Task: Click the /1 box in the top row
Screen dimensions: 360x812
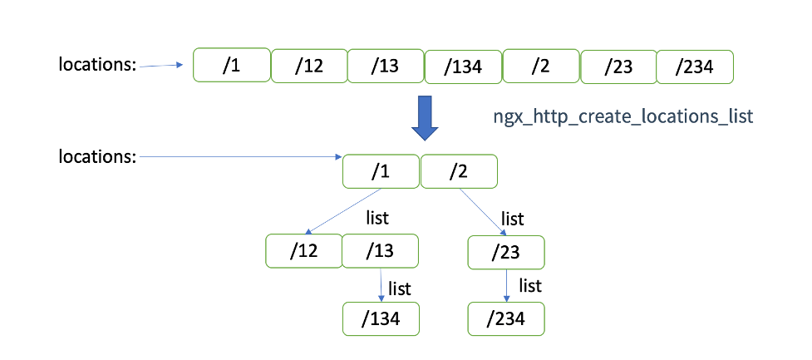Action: [232, 65]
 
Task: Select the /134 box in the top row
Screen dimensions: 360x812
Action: [463, 67]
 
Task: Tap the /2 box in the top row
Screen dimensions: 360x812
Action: [541, 67]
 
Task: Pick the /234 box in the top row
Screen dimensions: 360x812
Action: [695, 67]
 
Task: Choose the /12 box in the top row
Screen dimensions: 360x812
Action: [308, 67]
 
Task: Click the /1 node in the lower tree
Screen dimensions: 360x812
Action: [381, 172]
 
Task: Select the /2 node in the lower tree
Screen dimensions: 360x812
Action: [459, 172]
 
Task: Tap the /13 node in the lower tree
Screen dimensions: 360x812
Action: [380, 251]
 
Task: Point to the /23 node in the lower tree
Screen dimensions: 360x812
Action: [506, 253]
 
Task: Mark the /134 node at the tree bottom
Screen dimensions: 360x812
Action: [381, 318]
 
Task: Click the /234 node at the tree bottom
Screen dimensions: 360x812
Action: [506, 318]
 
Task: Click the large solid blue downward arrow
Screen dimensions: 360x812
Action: [426, 118]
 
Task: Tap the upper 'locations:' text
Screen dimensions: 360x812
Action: [97, 65]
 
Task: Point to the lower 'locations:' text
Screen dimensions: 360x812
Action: [97, 155]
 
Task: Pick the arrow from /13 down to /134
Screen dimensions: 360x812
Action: [381, 285]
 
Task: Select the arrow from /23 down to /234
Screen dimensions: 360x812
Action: [507, 285]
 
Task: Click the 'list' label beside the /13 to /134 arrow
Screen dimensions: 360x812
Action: [400, 288]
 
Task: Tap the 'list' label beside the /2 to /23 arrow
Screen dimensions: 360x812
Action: [513, 219]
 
